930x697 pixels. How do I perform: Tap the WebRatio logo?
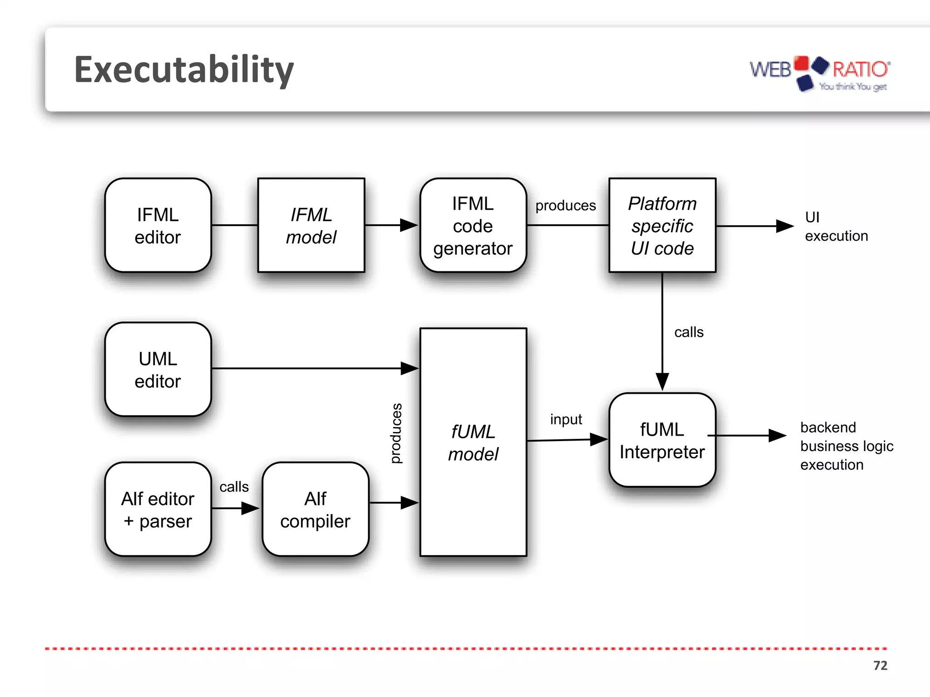click(x=820, y=74)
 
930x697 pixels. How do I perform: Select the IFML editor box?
click(x=158, y=226)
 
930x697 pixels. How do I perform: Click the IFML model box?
click(x=311, y=226)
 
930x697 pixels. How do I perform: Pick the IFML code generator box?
click(x=473, y=226)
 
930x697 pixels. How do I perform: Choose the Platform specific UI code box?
click(x=662, y=226)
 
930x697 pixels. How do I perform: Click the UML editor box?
click(x=158, y=369)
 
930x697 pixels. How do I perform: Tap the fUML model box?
click(x=473, y=442)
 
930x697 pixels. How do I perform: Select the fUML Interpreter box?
click(x=662, y=440)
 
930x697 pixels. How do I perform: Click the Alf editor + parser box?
click(x=158, y=509)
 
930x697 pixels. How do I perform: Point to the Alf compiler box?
click(x=315, y=509)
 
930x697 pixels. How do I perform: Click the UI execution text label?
click(x=836, y=226)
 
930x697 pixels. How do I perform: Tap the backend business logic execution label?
click(x=846, y=446)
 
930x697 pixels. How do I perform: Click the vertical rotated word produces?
click(x=396, y=433)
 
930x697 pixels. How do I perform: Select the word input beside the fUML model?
click(x=566, y=419)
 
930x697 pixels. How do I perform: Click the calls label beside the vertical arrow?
click(x=688, y=332)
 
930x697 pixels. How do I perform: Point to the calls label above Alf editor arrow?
click(x=234, y=487)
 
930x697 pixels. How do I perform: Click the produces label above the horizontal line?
click(x=565, y=206)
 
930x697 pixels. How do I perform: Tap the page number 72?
click(x=880, y=665)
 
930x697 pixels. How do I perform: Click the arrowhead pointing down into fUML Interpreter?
click(x=662, y=381)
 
